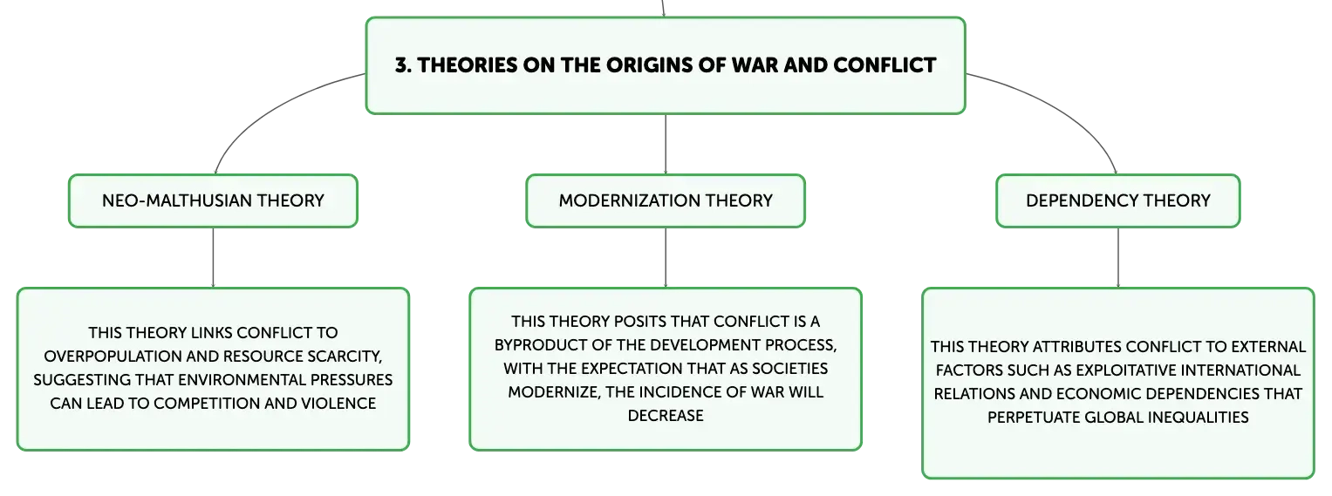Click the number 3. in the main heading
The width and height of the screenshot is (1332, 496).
[x=403, y=65]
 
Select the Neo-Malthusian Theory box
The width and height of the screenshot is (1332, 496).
[x=213, y=200]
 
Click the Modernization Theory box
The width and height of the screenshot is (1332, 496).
[x=666, y=200]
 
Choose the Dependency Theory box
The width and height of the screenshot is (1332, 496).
[x=1118, y=200]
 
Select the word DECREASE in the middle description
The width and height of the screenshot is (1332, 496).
[x=666, y=416]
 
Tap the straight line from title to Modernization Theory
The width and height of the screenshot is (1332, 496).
[x=666, y=144]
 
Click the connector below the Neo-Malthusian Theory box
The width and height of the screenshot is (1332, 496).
[x=213, y=257]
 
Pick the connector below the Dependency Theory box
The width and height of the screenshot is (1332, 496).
[x=1118, y=257]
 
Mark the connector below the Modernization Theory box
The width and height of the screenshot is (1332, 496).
[x=666, y=257]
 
